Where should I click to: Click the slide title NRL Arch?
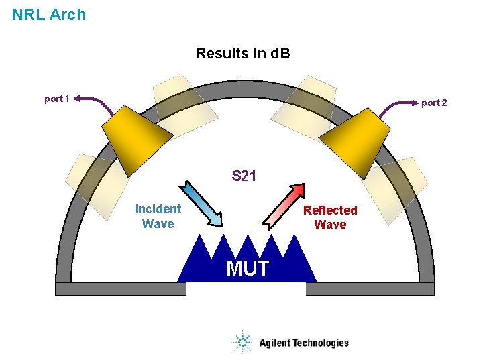click(49, 14)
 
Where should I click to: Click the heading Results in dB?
click(243, 53)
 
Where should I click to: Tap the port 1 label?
click(58, 99)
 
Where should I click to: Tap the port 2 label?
click(433, 103)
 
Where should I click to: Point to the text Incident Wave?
click(158, 217)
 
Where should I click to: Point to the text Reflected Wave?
click(330, 217)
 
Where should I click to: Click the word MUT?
click(248, 268)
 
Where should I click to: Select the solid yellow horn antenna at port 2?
click(352, 140)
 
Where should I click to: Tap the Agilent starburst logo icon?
click(242, 343)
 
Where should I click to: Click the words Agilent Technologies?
click(304, 343)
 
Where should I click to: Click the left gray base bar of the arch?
click(120, 289)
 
